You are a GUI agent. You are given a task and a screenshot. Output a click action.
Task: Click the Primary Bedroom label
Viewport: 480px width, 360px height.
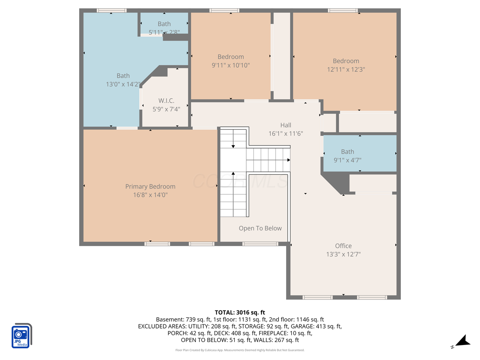point(150,186)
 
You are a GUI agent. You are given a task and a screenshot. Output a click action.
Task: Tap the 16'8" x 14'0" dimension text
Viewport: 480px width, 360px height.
point(150,195)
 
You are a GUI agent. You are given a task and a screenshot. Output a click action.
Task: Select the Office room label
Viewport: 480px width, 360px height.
point(343,246)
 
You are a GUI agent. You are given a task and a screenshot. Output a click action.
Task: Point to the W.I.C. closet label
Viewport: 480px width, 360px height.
point(166,100)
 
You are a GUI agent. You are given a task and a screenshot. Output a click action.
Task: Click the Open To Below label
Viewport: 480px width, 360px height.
point(260,228)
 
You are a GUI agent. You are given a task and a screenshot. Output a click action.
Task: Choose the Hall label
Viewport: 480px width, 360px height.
point(285,125)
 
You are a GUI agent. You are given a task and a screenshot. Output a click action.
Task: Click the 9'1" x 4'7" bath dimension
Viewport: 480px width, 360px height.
point(347,160)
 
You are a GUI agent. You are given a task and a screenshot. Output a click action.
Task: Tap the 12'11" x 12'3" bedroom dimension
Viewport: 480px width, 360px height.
point(346,69)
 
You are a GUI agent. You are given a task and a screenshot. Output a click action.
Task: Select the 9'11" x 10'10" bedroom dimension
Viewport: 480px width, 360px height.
point(231,65)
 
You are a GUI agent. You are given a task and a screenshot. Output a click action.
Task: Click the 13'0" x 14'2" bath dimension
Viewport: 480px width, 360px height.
point(123,84)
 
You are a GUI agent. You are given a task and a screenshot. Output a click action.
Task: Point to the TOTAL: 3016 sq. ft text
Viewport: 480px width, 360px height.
point(240,312)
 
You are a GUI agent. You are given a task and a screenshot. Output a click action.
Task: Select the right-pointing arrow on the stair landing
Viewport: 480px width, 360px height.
point(288,160)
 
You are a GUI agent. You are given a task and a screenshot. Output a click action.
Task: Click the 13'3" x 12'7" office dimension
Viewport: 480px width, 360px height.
point(343,254)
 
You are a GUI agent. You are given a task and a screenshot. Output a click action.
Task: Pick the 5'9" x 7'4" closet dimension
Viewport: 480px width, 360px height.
point(166,109)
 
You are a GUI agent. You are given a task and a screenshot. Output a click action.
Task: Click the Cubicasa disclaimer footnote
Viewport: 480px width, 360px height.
point(240,350)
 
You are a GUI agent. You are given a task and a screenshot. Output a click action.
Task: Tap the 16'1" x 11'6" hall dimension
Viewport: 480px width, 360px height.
point(285,133)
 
